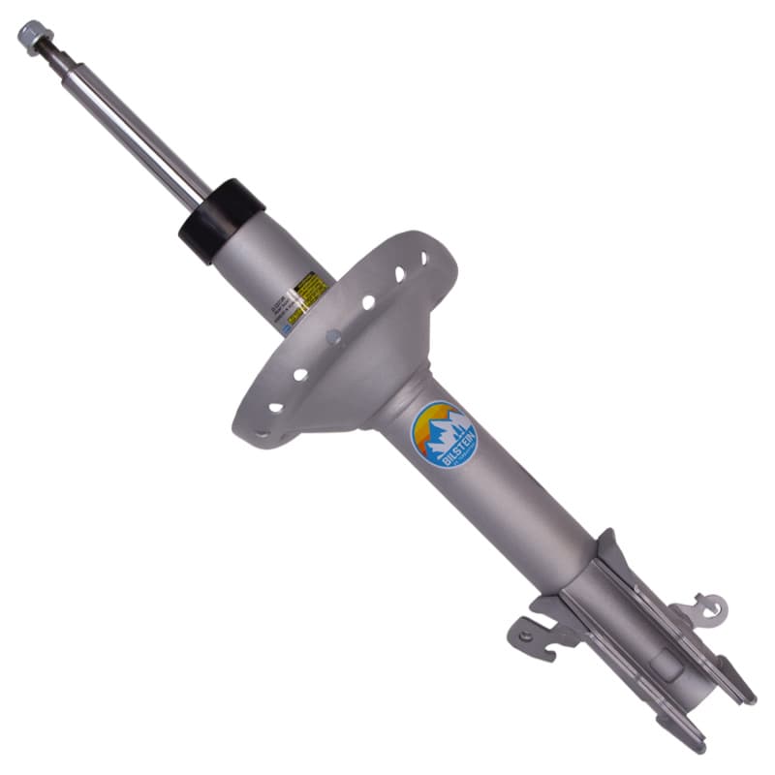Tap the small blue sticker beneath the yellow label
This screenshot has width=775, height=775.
pos(288,327)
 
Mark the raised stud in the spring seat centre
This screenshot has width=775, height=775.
pos(333,337)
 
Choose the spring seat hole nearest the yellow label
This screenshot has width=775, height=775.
pos(368,302)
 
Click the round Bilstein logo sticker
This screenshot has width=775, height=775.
pos(445,435)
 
